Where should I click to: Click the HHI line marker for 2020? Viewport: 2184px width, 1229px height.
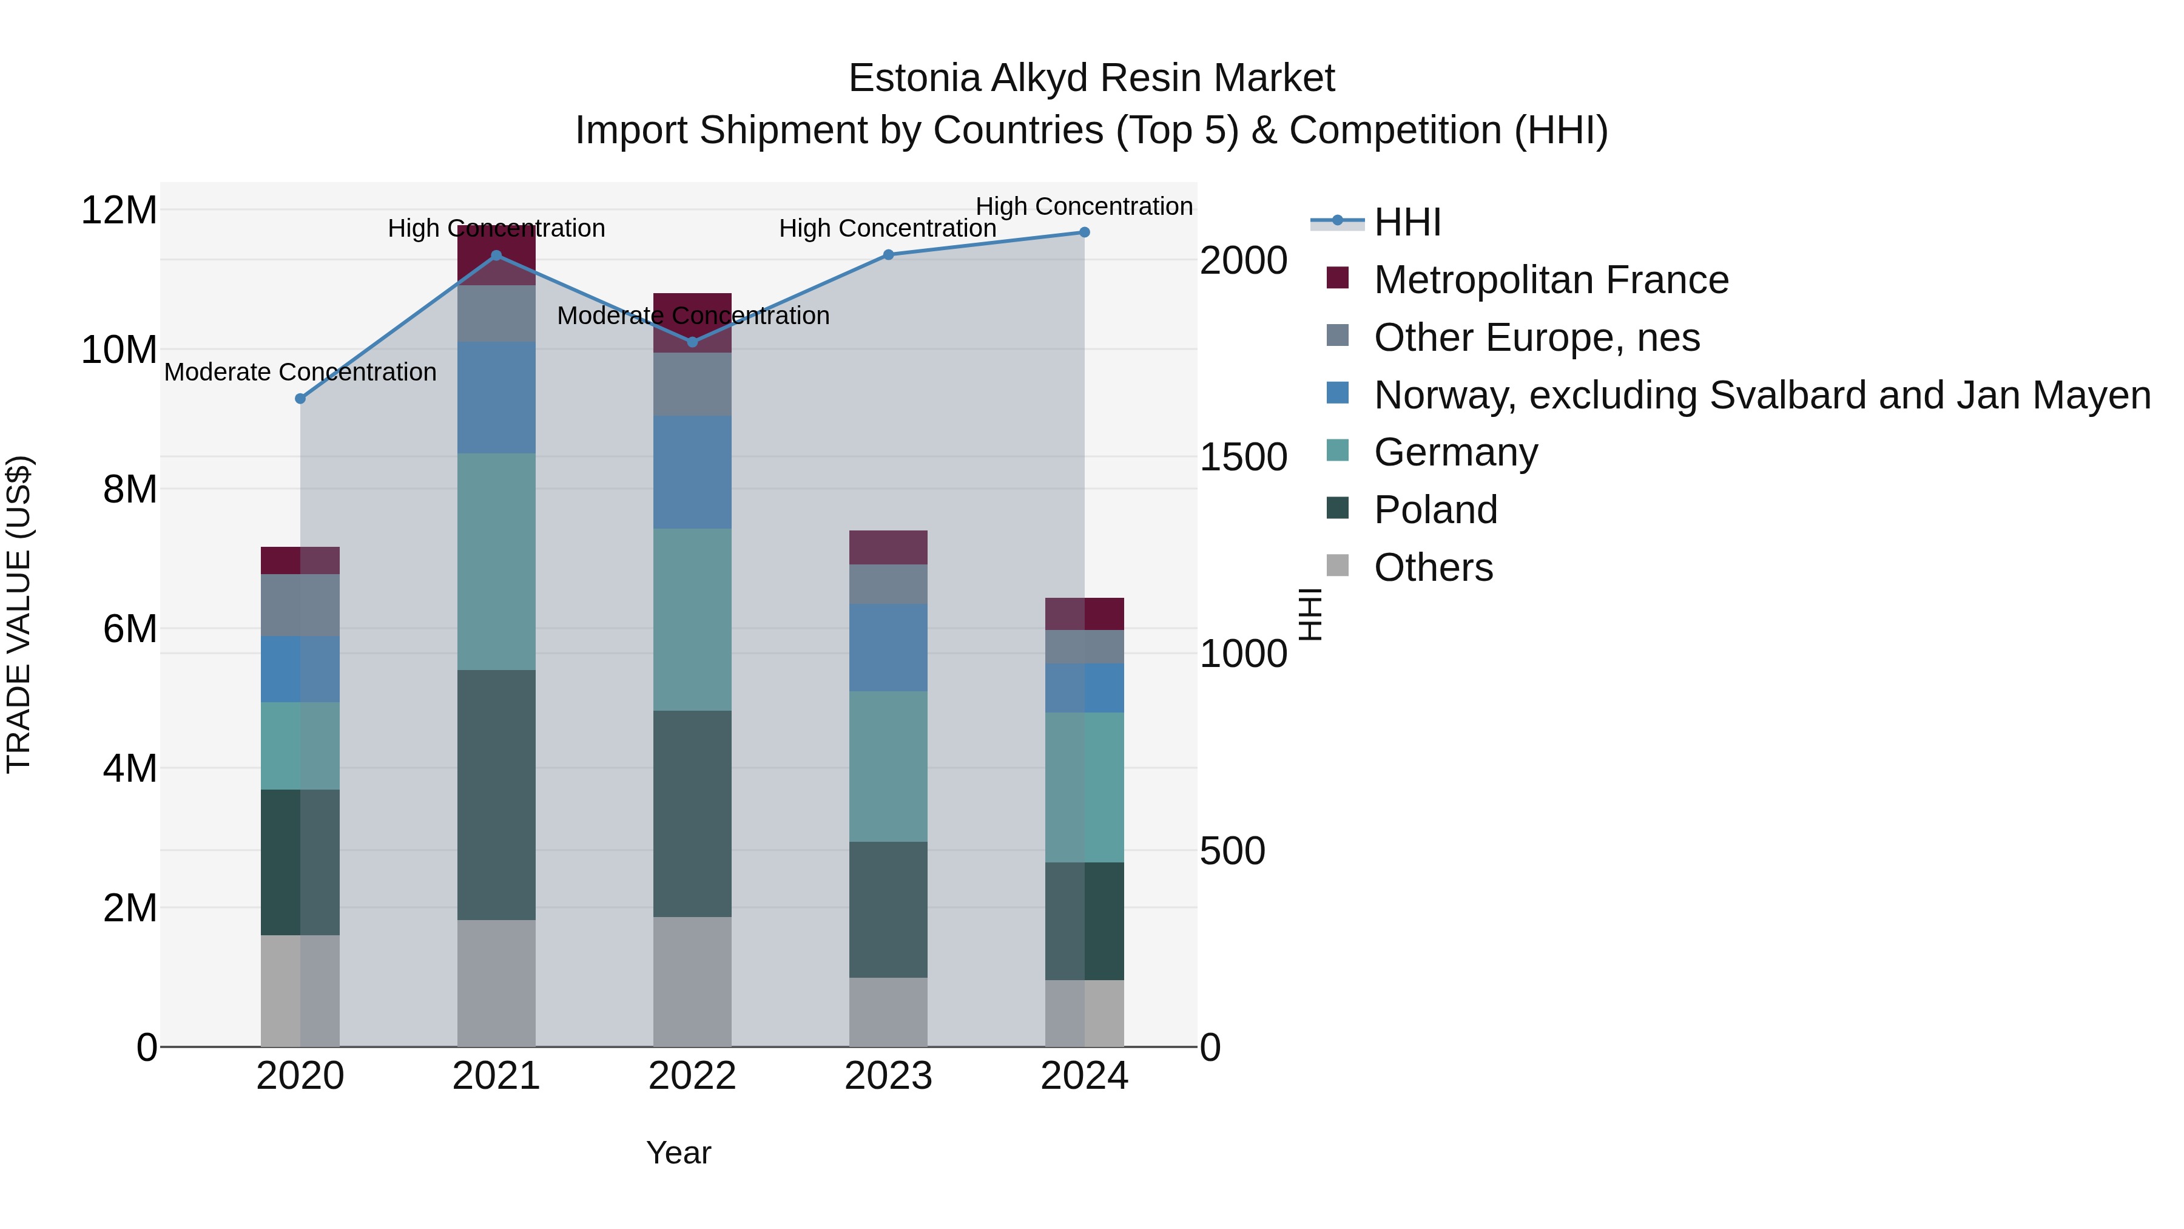(x=300, y=399)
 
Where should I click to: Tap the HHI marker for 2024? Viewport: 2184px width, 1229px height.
(x=1084, y=232)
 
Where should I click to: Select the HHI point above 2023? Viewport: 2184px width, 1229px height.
(x=889, y=256)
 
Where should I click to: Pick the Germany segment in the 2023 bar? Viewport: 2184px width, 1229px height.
(x=889, y=766)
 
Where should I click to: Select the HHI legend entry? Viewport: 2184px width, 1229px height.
(x=1407, y=222)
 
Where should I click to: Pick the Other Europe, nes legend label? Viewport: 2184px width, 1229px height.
(x=1536, y=337)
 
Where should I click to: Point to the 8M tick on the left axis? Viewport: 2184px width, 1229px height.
(x=130, y=489)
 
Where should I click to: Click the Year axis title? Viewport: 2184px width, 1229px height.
(x=678, y=1153)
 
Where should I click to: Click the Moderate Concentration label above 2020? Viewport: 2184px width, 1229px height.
(x=300, y=373)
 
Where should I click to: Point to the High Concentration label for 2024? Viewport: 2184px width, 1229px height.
(x=1084, y=207)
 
